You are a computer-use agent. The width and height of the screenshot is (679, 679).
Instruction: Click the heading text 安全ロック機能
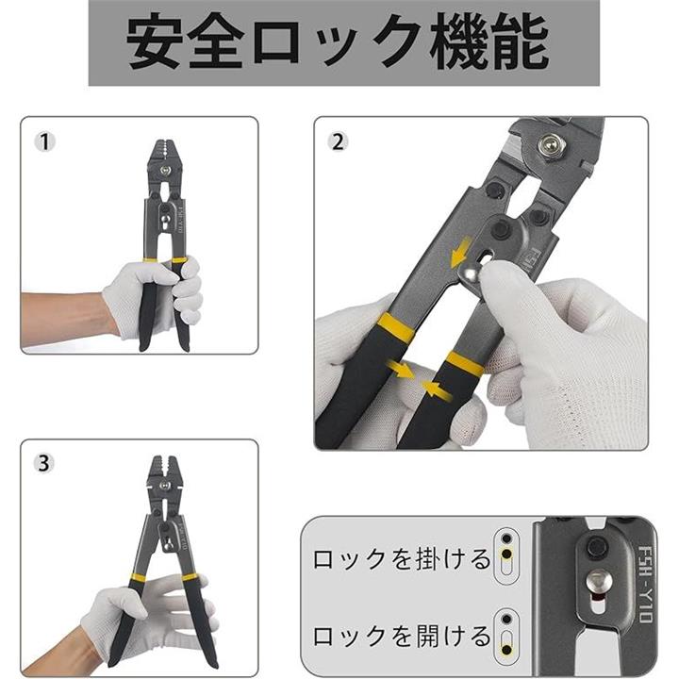[338, 42]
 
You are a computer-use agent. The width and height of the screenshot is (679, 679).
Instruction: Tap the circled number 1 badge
[44, 141]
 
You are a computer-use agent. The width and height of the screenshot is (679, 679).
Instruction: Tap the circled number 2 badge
[339, 141]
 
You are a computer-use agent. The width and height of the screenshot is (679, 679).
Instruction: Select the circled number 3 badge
[44, 464]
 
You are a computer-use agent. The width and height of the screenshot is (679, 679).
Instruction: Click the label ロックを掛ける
[402, 559]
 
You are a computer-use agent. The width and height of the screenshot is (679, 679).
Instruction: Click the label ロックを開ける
[402, 636]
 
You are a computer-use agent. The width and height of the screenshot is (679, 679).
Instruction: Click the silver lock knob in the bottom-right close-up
[600, 583]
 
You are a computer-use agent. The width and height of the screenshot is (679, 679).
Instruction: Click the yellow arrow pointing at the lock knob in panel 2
[460, 254]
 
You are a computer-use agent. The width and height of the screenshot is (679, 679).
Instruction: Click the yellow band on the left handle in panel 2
[396, 327]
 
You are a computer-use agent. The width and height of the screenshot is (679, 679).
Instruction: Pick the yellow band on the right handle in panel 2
[465, 363]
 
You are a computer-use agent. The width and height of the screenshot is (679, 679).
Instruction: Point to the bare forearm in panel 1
[64, 319]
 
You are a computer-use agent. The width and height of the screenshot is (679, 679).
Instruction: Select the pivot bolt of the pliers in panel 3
[164, 486]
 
